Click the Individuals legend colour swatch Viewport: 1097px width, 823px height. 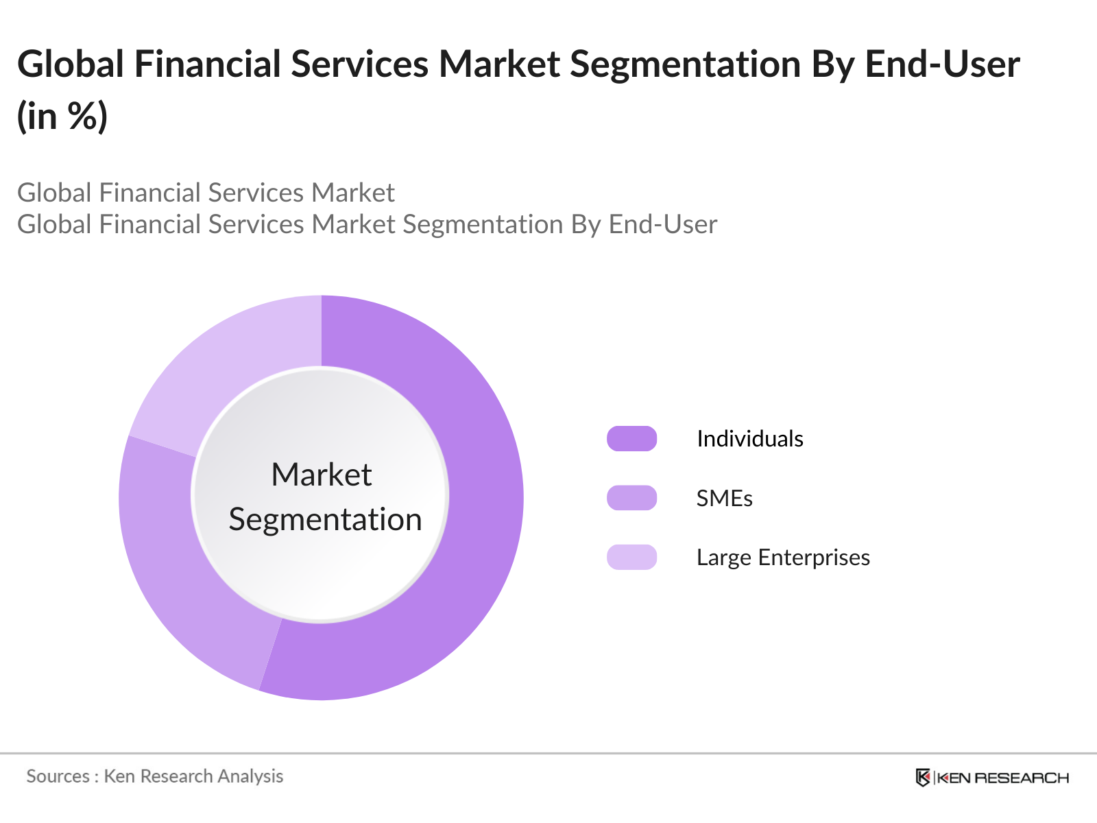point(631,439)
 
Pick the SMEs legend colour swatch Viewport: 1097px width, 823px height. point(631,498)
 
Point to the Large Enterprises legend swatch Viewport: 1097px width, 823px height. point(631,557)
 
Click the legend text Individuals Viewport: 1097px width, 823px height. point(749,439)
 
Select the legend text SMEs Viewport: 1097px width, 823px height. point(724,499)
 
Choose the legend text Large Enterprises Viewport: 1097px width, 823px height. point(783,558)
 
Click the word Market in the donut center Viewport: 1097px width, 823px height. point(321,475)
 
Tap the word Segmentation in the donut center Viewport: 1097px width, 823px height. point(325,519)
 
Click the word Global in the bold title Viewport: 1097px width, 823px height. point(71,64)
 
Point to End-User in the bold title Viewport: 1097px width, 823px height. point(942,64)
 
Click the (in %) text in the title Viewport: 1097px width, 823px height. point(62,116)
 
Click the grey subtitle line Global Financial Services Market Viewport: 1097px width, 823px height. point(206,193)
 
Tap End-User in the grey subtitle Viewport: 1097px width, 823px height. point(662,224)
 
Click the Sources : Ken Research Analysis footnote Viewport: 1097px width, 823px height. point(154,776)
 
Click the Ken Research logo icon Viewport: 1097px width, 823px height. point(923,778)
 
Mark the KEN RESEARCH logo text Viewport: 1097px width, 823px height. point(1002,778)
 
